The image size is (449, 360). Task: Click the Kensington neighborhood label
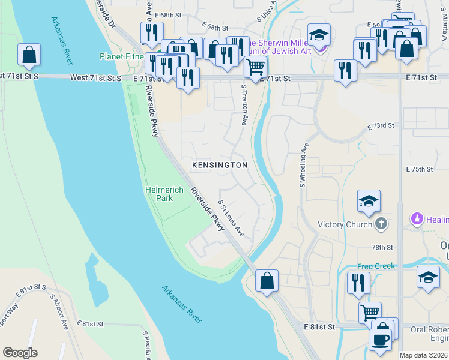219,164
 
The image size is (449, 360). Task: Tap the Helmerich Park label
159,194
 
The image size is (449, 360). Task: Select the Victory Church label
345,225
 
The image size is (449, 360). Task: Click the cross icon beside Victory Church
380,224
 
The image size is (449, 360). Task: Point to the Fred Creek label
376,266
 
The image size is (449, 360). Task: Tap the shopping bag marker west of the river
29,55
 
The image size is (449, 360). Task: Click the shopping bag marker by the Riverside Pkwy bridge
267,281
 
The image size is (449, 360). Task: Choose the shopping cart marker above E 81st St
370,313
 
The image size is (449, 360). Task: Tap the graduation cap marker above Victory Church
369,201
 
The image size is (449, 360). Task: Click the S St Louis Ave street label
231,218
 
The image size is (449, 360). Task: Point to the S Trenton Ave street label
244,104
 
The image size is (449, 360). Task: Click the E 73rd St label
381,126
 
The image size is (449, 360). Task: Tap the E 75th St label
419,170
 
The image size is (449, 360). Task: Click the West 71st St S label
95,78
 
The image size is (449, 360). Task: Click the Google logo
20,353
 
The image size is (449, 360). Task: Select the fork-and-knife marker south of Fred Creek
358,283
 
